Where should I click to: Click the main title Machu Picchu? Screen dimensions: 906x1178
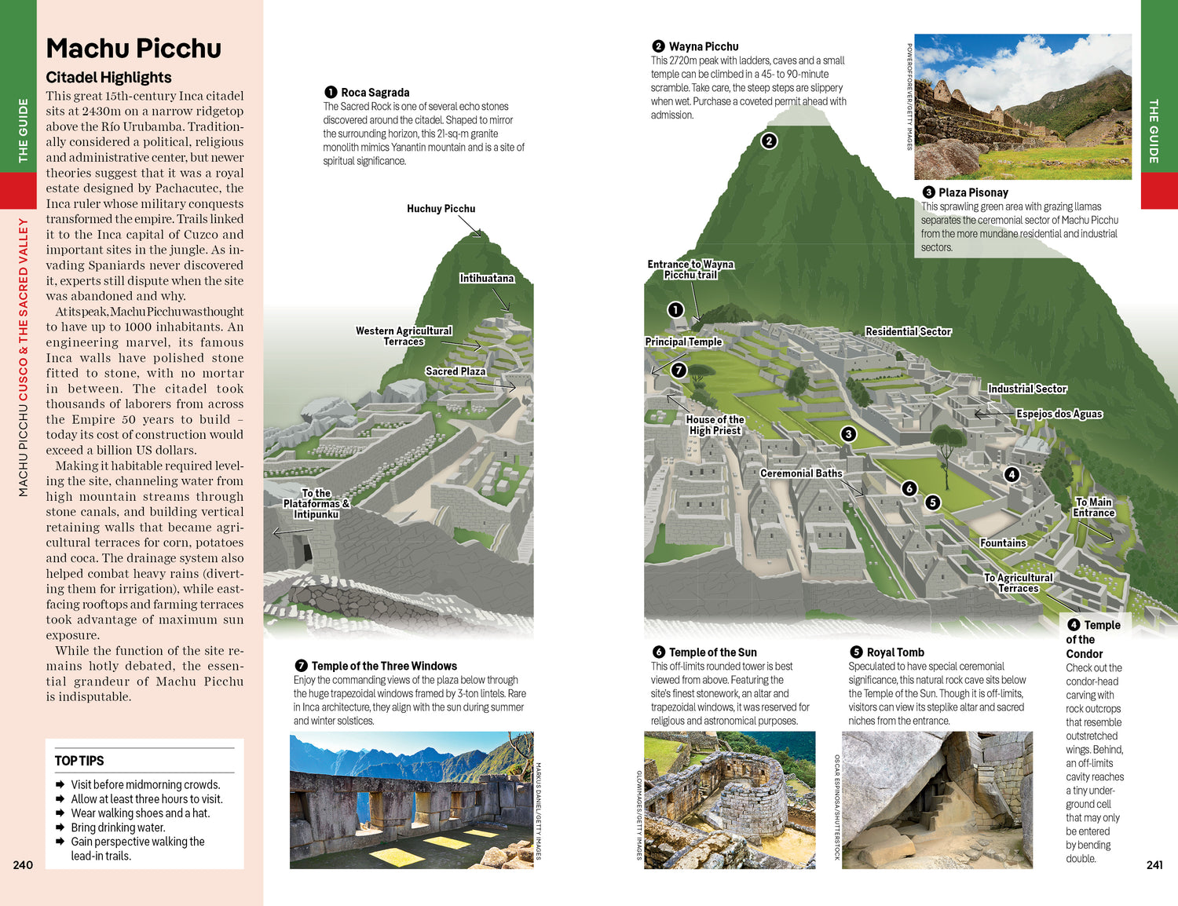point(134,49)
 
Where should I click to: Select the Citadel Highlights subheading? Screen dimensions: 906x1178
point(108,77)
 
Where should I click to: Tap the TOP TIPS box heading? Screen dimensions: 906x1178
point(79,761)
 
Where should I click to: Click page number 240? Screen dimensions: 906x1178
point(23,864)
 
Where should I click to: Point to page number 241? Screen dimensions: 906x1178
point(1154,864)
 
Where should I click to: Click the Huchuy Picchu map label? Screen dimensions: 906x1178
point(441,209)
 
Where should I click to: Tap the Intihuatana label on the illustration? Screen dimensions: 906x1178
point(487,279)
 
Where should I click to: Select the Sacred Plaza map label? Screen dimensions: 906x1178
point(455,371)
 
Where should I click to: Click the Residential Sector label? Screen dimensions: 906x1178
point(908,331)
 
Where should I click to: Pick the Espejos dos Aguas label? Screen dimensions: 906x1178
point(1059,414)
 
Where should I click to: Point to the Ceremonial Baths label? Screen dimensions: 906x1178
point(801,473)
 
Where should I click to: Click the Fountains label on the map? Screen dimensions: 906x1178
point(1003,543)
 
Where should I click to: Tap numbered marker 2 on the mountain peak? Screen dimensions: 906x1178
point(769,141)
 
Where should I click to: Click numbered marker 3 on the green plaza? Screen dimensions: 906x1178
point(848,434)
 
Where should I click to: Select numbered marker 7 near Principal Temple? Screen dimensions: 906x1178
point(679,370)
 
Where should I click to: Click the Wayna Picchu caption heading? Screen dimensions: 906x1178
point(703,46)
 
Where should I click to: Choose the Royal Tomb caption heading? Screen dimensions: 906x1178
point(894,652)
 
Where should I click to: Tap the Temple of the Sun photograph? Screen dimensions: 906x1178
point(730,800)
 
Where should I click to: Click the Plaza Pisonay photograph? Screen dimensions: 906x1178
point(1023,107)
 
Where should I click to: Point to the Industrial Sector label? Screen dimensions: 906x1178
point(1027,389)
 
